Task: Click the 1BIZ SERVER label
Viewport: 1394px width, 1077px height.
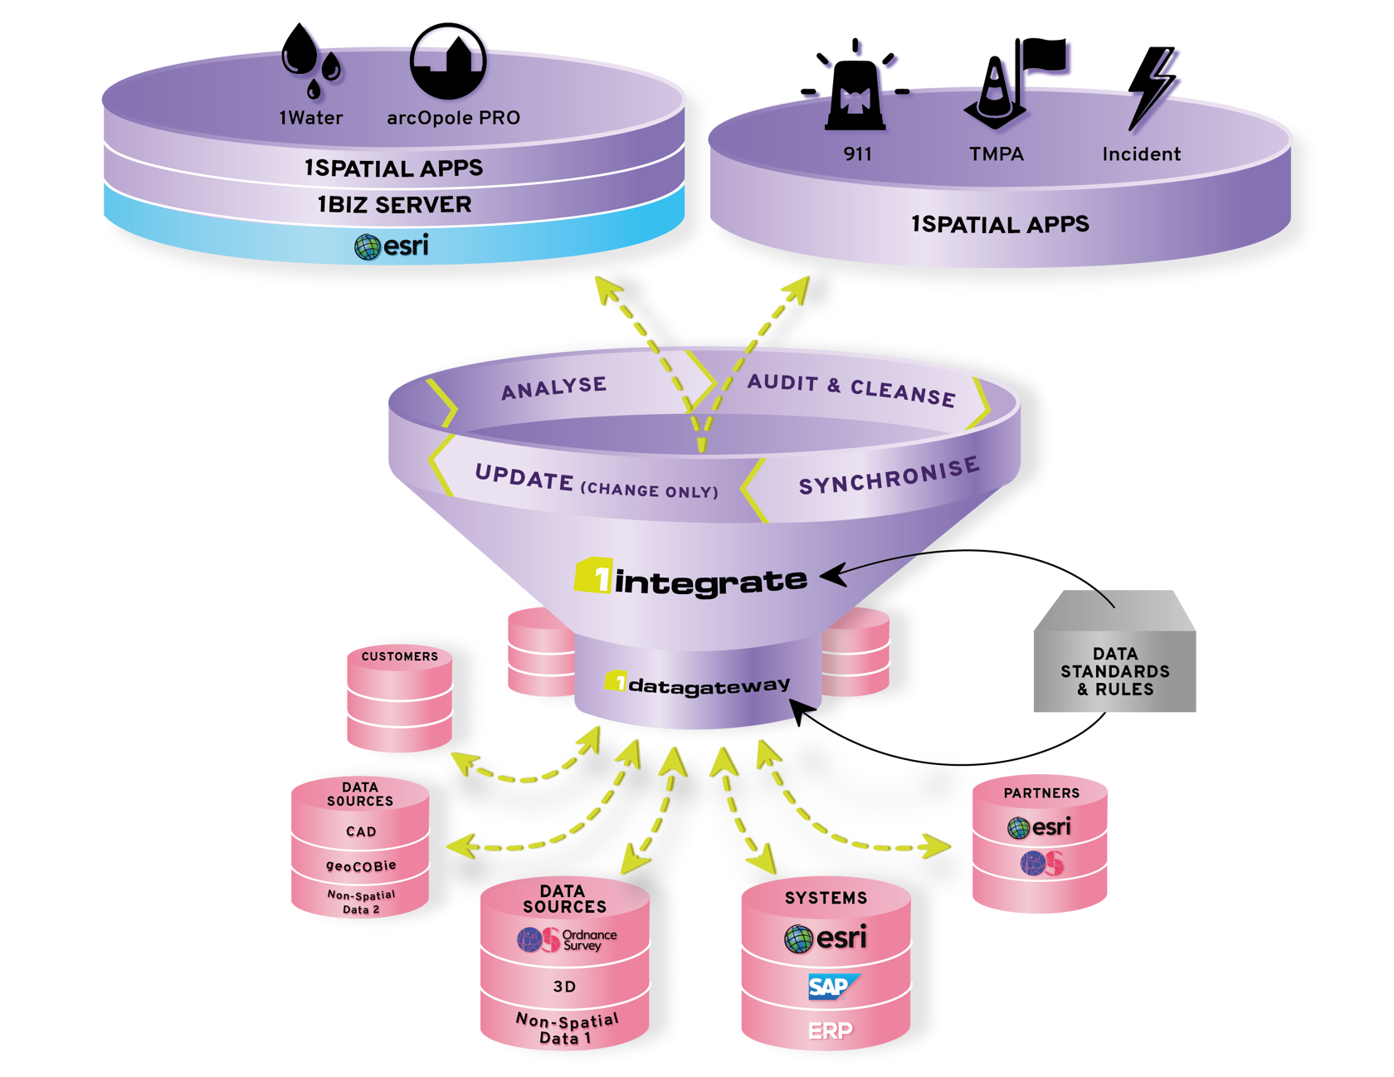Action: click(x=394, y=204)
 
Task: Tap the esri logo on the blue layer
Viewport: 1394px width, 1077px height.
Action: click(x=392, y=246)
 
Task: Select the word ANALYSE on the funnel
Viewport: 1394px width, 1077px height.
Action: click(x=553, y=387)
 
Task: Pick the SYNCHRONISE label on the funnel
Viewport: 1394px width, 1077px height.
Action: click(x=889, y=476)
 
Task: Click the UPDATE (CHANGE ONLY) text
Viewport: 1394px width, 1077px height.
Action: click(x=596, y=483)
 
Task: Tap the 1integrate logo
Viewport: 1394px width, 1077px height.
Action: click(x=690, y=579)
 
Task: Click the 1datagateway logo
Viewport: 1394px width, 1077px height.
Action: click(x=697, y=685)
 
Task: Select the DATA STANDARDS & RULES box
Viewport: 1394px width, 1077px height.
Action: click(x=1114, y=670)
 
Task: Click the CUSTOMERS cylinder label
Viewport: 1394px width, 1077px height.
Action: click(x=399, y=656)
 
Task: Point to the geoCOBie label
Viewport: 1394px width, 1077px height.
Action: click(x=361, y=865)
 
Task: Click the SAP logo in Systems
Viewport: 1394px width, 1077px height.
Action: click(x=830, y=987)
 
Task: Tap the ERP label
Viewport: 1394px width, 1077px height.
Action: click(x=830, y=1031)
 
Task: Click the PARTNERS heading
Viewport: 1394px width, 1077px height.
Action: click(x=1041, y=793)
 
